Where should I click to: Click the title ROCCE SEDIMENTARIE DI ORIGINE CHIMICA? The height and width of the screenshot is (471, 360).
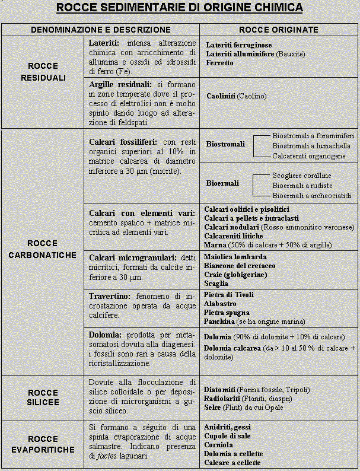point(180,8)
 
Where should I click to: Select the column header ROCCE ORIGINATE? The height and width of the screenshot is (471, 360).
point(278,30)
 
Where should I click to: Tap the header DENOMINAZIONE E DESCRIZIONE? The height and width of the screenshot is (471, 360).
point(100,30)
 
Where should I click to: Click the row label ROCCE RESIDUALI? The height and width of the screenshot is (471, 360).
point(43,72)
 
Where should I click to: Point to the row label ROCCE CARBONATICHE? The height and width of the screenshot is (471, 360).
point(43,249)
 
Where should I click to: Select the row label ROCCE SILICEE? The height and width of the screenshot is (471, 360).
point(43,397)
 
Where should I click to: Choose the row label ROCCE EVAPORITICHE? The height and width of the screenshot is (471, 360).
point(43,444)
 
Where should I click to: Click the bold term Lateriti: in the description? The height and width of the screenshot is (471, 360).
point(104,43)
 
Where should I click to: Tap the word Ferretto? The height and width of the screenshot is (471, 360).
point(219,63)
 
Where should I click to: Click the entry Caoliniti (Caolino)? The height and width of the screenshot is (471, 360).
point(236,96)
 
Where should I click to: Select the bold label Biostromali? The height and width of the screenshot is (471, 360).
point(225,144)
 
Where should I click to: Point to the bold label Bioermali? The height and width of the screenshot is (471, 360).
point(222,183)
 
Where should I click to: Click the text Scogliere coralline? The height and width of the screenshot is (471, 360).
point(301,176)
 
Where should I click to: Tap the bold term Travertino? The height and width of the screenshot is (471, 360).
point(109,296)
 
